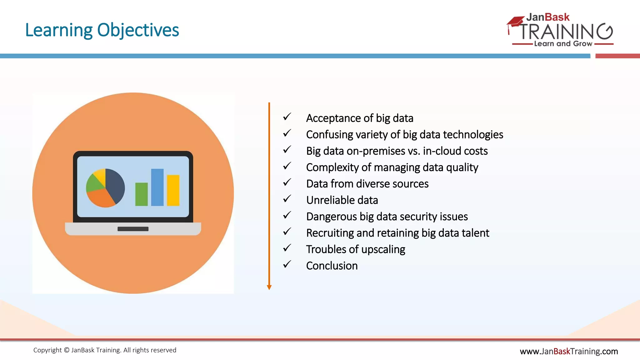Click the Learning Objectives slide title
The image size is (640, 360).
102,30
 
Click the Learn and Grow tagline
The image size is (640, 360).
563,44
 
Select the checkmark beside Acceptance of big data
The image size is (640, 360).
287,117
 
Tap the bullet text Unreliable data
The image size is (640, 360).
342,200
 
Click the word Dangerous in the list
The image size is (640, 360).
331,217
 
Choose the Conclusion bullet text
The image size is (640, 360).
332,266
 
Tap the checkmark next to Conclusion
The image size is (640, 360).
287,264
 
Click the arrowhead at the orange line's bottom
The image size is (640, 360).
269,287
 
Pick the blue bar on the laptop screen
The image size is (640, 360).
157,187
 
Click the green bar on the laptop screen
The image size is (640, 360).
141,194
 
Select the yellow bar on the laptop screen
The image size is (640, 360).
173,190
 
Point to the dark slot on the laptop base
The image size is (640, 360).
133,229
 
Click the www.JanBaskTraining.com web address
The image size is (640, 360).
568,352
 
